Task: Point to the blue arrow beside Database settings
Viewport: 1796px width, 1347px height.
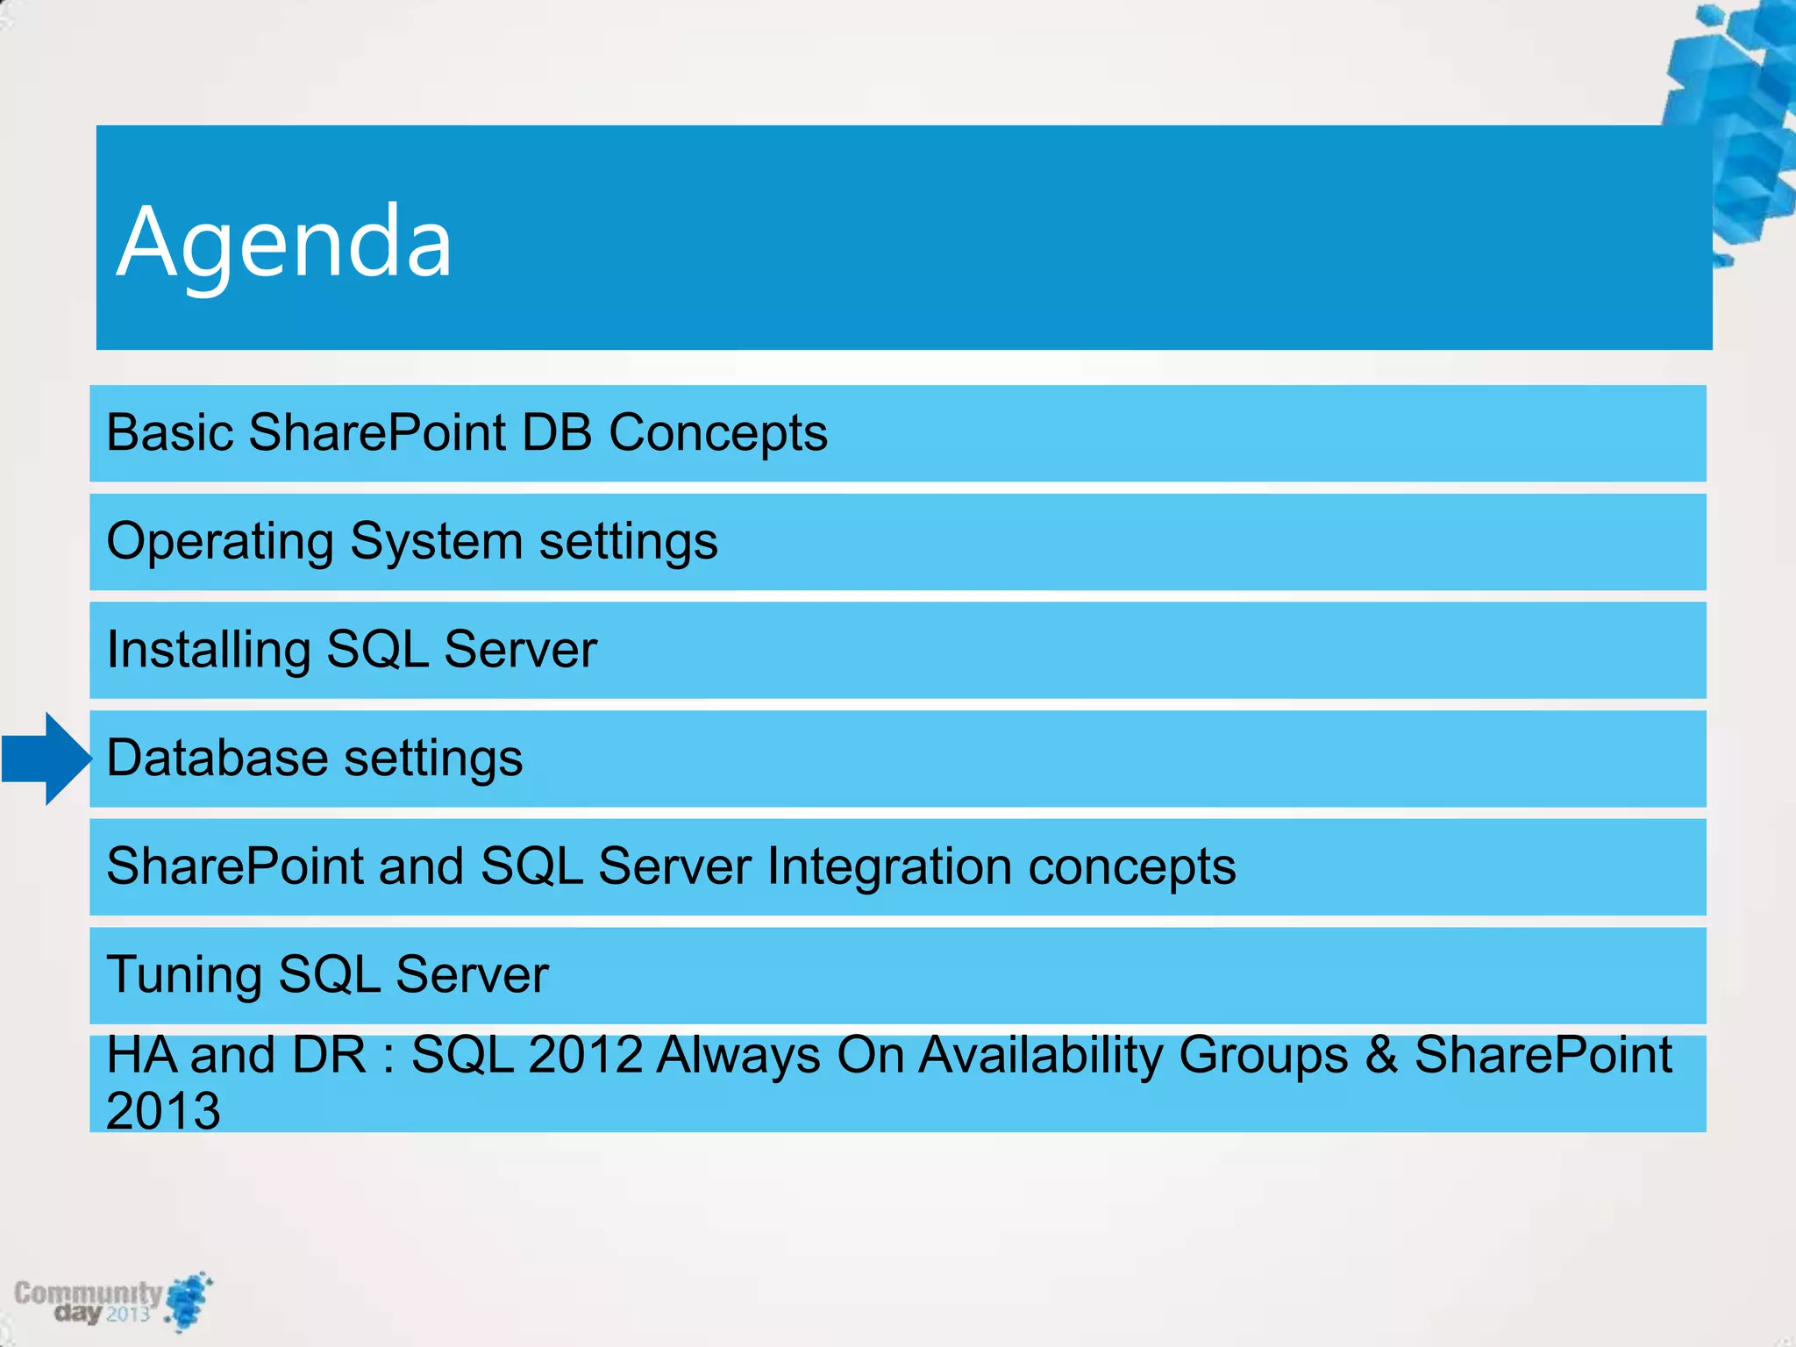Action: click(46, 759)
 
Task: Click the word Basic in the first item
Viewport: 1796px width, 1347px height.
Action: click(170, 432)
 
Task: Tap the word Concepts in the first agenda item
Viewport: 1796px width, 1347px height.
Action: click(717, 432)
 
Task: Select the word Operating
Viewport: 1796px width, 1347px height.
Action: click(220, 543)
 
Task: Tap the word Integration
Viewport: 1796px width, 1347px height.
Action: click(889, 867)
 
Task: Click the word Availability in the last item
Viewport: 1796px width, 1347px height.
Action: click(1040, 1055)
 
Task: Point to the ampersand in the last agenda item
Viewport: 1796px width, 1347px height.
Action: click(1380, 1055)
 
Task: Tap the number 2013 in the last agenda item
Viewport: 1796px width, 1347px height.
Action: click(163, 1111)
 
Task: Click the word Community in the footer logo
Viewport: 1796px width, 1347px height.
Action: click(88, 1293)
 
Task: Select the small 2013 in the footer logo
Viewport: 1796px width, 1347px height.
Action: click(128, 1314)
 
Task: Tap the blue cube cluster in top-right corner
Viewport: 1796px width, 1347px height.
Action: click(1741, 123)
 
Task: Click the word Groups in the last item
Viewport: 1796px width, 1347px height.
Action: click(1263, 1055)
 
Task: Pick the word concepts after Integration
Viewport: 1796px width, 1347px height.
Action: click(1131, 867)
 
